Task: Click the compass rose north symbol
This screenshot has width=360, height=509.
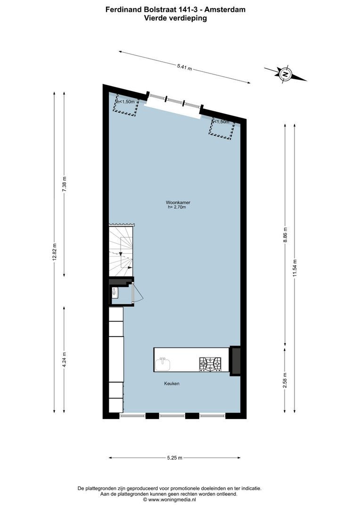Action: pyautogui.click(x=285, y=74)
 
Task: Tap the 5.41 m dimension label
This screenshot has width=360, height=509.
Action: pyautogui.click(x=184, y=67)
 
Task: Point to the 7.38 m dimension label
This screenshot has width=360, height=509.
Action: pyautogui.click(x=65, y=183)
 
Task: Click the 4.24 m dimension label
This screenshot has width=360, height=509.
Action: pyautogui.click(x=65, y=360)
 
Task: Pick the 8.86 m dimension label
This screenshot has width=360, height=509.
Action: pyautogui.click(x=285, y=234)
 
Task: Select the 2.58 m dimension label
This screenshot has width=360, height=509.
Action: pyautogui.click(x=285, y=380)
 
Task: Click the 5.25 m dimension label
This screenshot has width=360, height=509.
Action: pyautogui.click(x=174, y=458)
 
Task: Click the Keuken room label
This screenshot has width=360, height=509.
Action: pyautogui.click(x=172, y=384)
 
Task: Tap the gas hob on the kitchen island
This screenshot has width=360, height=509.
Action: pyautogui.click(x=210, y=363)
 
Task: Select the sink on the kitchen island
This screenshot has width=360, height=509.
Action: pyautogui.click(x=164, y=364)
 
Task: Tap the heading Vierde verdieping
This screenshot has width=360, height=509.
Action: pyautogui.click(x=175, y=18)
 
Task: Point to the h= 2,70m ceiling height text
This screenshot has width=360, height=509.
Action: pyautogui.click(x=177, y=207)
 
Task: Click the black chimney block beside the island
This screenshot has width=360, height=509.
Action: pyautogui.click(x=235, y=361)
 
